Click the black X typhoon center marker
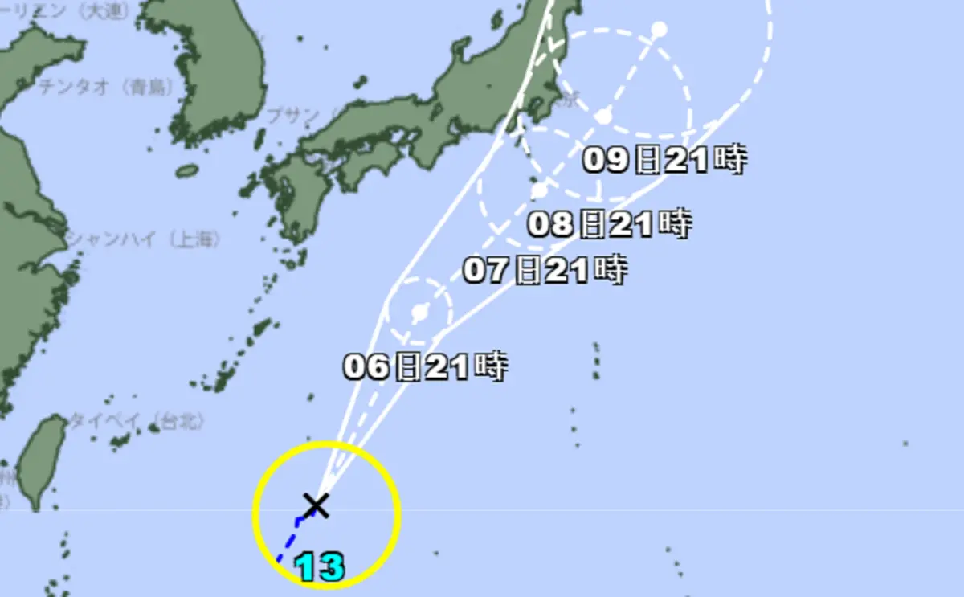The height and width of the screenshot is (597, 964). [317, 505]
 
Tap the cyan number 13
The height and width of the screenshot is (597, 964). [321, 567]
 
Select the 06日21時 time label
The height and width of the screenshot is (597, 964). [425, 367]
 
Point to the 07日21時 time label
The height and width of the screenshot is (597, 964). [545, 271]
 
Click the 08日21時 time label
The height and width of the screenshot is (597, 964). [609, 224]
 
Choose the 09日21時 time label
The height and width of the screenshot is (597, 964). [664, 161]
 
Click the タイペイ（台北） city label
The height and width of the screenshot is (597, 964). [137, 420]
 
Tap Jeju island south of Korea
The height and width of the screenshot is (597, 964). [186, 170]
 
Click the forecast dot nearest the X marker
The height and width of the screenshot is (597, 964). [419, 312]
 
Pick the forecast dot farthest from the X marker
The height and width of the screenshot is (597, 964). [659, 30]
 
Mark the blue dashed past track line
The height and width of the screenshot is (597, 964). [290, 537]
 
